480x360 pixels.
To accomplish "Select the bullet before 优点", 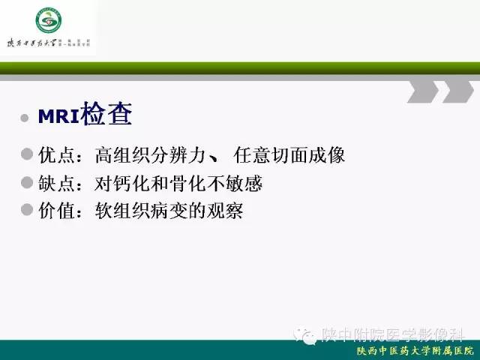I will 27,155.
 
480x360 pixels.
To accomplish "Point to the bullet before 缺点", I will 27,183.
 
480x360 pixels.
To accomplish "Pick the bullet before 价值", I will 27,211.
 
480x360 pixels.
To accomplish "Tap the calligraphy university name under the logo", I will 37,43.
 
